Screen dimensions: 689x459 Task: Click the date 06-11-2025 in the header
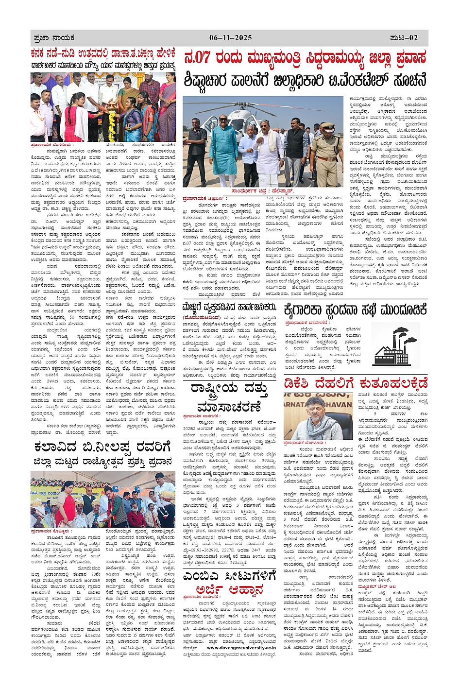tap(230, 37)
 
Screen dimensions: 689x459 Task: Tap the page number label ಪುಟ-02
tap(404, 37)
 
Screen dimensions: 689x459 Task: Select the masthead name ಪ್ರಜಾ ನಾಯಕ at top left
tap(54, 37)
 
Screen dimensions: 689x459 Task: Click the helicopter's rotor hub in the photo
tap(261, 103)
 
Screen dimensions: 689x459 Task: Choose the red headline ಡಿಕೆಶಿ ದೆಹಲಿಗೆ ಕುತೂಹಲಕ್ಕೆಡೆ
tap(356, 383)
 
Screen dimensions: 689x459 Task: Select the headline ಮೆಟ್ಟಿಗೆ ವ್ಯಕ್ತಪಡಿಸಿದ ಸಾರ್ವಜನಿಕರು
tap(229, 308)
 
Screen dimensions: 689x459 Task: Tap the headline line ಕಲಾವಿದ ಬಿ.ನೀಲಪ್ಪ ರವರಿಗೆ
tap(102, 446)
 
